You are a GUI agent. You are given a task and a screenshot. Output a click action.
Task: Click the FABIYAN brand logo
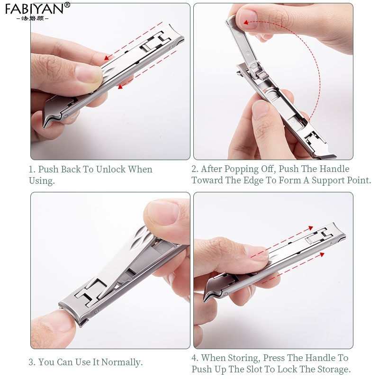pyautogui.click(x=35, y=9)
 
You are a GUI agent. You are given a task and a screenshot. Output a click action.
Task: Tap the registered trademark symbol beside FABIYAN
pyautogui.click(x=67, y=5)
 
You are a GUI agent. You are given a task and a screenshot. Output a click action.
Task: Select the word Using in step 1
pyautogui.click(x=42, y=180)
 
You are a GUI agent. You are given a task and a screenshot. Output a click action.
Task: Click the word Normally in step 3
pyautogui.click(x=122, y=362)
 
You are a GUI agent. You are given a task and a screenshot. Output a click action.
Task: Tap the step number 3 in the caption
pyautogui.click(x=32, y=362)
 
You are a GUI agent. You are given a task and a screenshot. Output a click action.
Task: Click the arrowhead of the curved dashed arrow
pyautogui.click(x=246, y=22)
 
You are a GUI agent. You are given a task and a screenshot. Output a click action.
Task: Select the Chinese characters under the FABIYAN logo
pyautogui.click(x=32, y=18)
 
